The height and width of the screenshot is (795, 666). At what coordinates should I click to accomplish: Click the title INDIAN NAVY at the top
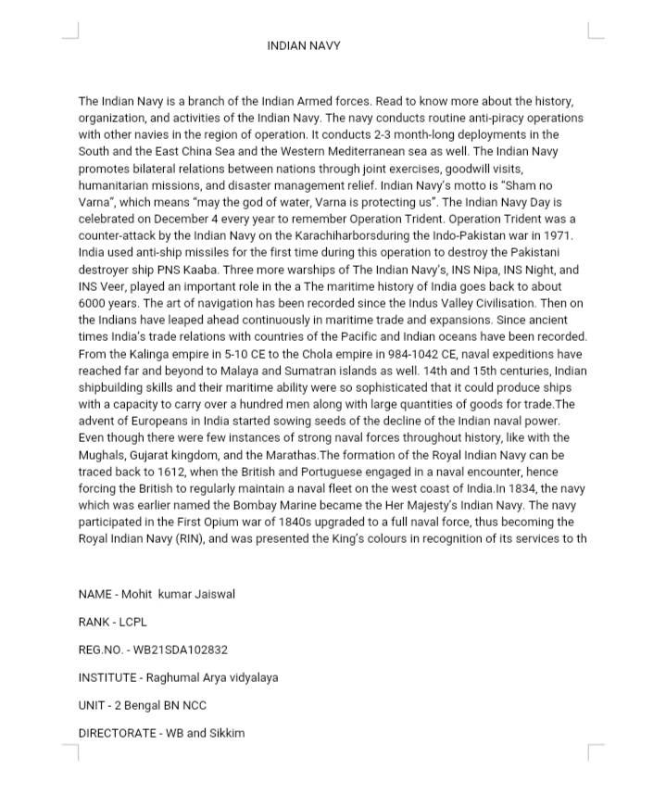pyautogui.click(x=304, y=45)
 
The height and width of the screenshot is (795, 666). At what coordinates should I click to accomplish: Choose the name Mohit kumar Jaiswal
pyautogui.click(x=178, y=594)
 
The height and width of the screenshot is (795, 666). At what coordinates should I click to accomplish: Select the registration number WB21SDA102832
pyautogui.click(x=181, y=650)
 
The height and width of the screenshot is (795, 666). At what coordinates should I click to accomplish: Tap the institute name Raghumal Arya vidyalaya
pyautogui.click(x=211, y=677)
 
